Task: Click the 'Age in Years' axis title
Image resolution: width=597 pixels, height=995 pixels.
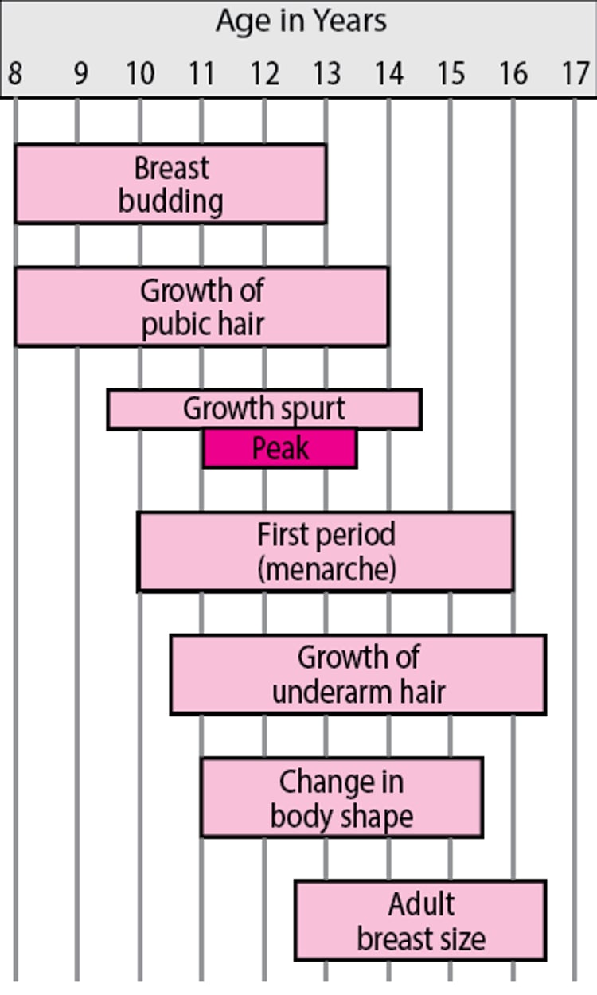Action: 301,21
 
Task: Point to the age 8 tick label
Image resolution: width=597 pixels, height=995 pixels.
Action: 14,74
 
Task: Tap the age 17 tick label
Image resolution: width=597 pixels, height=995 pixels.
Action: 575,74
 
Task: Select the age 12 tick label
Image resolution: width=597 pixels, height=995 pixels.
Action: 263,74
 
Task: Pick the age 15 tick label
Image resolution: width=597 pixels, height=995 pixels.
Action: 451,74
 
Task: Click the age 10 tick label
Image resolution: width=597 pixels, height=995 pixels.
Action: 139,74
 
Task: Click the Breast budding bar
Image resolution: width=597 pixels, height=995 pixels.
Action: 170,184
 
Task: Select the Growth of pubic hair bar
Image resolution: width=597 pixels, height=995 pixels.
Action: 201,306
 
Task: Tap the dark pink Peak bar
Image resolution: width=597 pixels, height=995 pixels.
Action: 280,449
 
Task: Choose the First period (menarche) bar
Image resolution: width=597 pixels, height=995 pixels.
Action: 326,552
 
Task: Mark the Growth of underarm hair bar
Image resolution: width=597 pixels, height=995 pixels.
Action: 358,674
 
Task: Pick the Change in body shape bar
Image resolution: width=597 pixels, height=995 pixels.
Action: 341,798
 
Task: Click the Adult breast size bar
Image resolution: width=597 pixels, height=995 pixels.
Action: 420,920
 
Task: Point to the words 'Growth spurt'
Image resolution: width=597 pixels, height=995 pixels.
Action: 264,409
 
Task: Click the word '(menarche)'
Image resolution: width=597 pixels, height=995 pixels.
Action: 326,569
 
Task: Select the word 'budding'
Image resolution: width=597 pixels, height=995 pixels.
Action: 170,201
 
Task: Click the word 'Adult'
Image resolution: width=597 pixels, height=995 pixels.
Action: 421,904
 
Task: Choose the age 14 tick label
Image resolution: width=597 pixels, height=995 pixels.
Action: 388,74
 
